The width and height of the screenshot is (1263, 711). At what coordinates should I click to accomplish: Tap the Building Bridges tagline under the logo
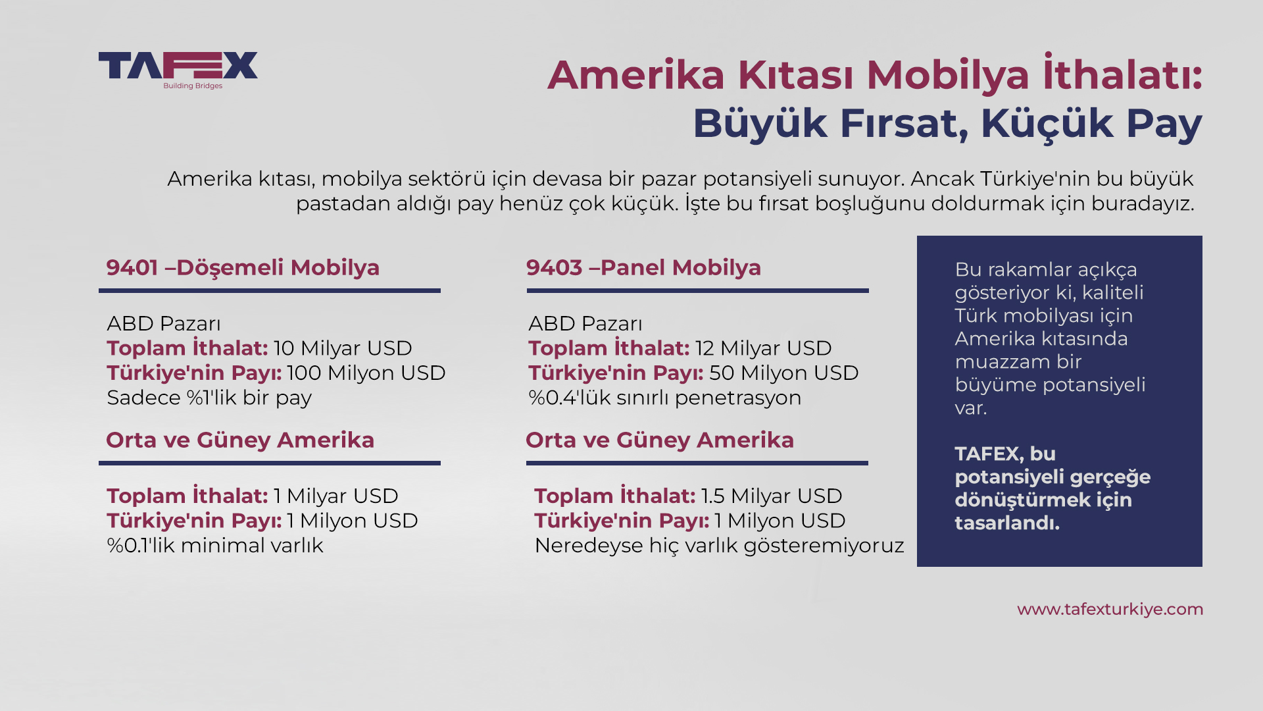193,86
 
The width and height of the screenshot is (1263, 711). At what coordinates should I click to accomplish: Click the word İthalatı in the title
1122,72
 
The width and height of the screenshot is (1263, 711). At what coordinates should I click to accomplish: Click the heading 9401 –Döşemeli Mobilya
243,267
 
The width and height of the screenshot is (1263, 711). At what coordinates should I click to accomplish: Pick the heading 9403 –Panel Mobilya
643,267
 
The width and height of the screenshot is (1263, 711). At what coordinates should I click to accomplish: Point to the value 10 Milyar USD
343,348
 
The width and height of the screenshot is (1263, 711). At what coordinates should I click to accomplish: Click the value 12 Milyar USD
764,348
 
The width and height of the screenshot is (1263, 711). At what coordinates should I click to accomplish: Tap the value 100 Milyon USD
366,373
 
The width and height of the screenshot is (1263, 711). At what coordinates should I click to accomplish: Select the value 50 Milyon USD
784,373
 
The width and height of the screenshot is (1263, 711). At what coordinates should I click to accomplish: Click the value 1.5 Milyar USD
772,496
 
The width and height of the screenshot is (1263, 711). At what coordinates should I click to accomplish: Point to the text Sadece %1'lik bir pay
209,398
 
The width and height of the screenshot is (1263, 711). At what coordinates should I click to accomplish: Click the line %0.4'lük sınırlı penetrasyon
665,398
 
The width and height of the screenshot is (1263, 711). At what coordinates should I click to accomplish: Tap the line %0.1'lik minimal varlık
215,545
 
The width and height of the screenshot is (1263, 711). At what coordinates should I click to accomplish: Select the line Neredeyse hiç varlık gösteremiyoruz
719,545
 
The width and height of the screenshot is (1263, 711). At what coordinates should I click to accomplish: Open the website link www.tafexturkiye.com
1110,610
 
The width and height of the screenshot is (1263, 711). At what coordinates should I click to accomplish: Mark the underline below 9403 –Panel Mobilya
697,290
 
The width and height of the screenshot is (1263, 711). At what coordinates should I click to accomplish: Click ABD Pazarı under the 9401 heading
164,323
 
